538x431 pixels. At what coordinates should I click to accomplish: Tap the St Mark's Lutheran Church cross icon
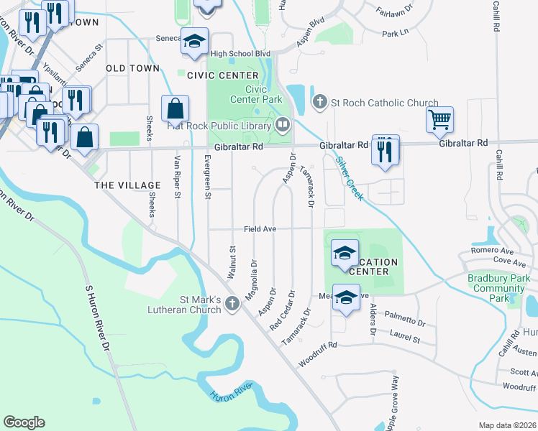pyautogui.click(x=232, y=305)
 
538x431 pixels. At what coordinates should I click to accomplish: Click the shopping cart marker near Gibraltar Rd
pyautogui.click(x=439, y=119)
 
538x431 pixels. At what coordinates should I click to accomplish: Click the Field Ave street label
pyautogui.click(x=260, y=228)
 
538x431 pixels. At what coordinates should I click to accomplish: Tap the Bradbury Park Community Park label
pyautogui.click(x=498, y=287)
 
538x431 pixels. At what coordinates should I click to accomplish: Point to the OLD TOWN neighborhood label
pyautogui.click(x=132, y=68)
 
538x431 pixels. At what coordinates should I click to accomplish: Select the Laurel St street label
pyautogui.click(x=404, y=336)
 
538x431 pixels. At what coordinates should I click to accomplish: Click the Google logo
pyautogui.click(x=24, y=422)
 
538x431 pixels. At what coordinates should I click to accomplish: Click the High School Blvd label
pyautogui.click(x=240, y=53)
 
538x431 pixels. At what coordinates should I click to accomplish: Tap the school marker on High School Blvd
pyautogui.click(x=194, y=41)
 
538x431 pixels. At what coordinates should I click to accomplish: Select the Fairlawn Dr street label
pyautogui.click(x=394, y=11)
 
